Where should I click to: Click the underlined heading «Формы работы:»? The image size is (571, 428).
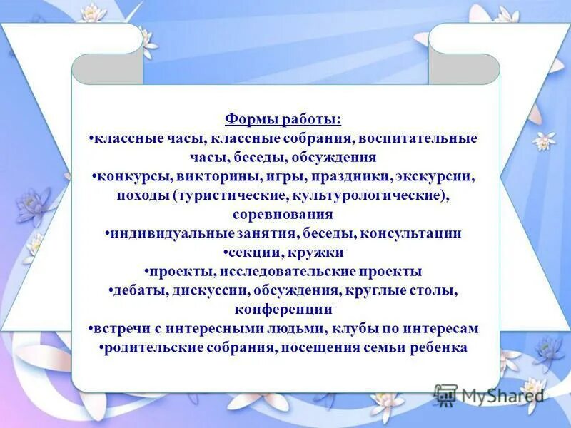tap(283, 119)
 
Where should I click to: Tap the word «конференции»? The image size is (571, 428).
tap(283, 310)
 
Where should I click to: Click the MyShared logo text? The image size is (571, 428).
tap(502, 395)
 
